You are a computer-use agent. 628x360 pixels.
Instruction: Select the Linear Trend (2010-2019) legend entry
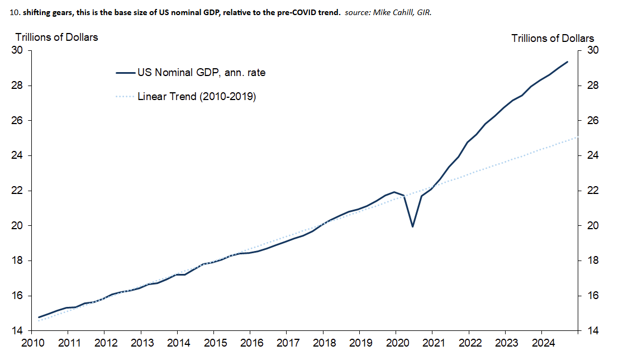[197, 97]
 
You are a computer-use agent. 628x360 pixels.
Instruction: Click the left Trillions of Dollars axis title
[56, 37]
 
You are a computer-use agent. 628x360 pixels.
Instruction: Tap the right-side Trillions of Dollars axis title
[553, 38]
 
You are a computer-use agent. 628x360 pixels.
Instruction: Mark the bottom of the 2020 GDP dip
[412, 226]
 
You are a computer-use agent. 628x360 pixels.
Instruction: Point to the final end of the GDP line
[568, 61]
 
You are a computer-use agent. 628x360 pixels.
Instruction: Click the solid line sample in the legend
[125, 72]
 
